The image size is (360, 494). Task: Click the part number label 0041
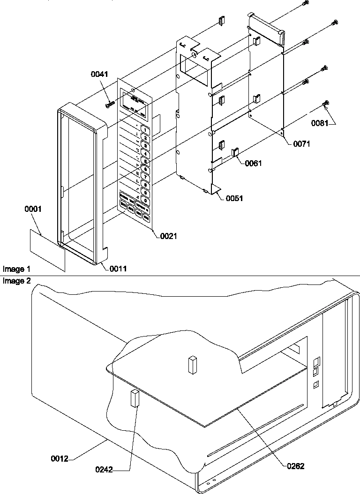(99, 74)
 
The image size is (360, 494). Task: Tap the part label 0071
(301, 144)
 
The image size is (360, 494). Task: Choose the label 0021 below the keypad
(168, 236)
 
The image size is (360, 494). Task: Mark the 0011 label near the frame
(118, 269)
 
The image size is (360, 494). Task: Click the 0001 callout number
(33, 209)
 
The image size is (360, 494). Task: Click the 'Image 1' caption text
(16, 269)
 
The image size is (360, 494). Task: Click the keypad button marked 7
(146, 176)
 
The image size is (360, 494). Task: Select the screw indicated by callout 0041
(110, 104)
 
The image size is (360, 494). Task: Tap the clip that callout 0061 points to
(236, 152)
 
